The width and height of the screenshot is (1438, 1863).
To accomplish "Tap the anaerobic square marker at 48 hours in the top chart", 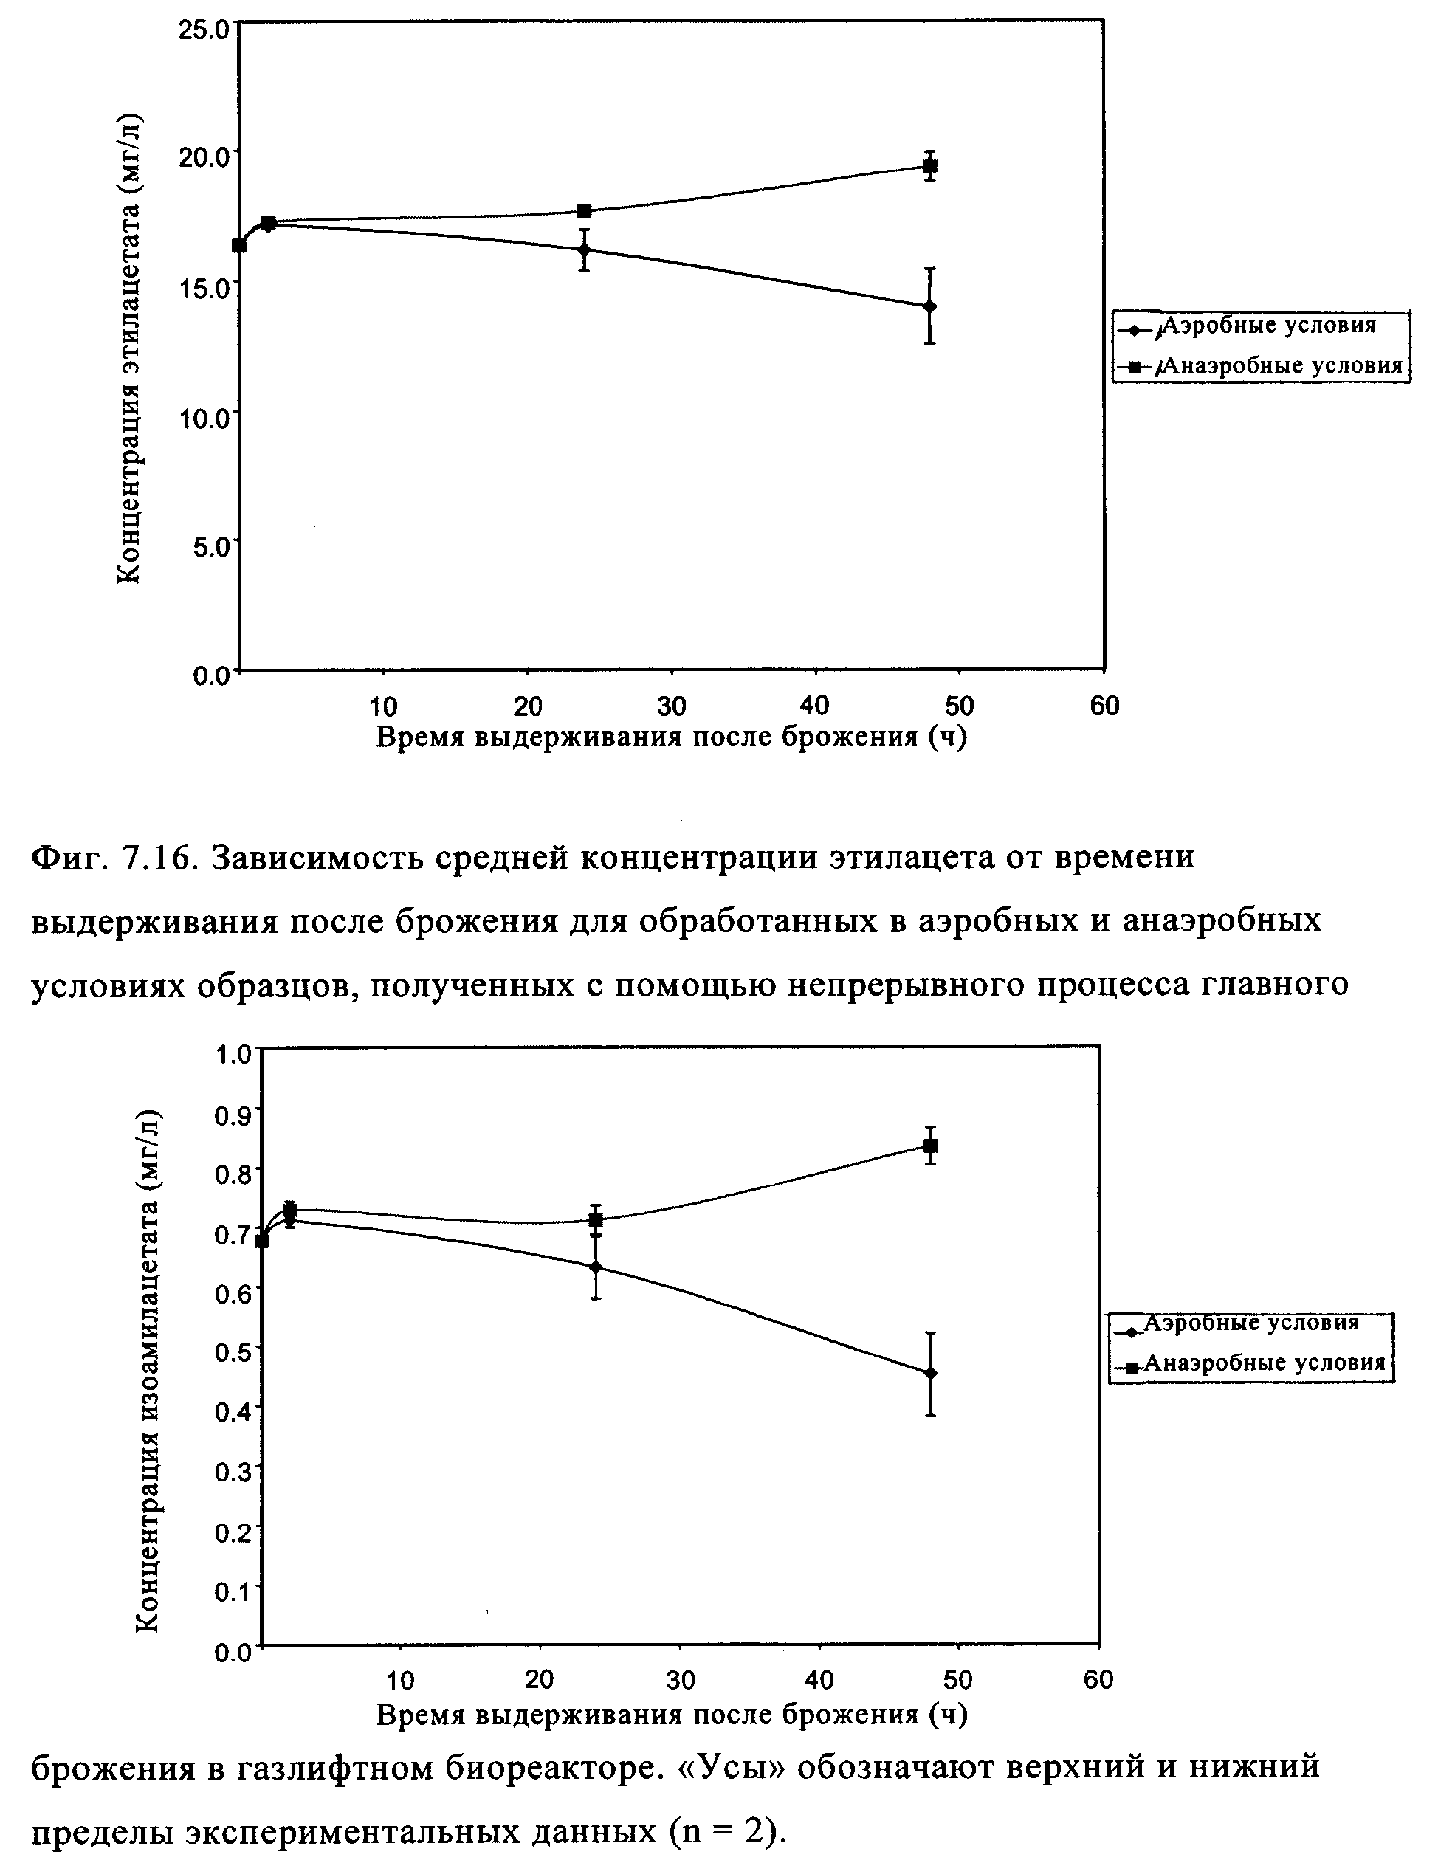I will (929, 165).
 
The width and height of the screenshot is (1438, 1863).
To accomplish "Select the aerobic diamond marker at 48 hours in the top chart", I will (929, 306).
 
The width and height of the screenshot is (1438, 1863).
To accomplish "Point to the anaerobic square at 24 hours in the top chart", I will (584, 210).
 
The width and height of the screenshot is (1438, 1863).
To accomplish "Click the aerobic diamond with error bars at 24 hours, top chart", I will (584, 250).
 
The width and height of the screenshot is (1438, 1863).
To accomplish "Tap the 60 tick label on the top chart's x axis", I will (1104, 706).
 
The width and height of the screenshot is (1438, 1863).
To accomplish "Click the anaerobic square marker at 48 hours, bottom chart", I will (931, 1146).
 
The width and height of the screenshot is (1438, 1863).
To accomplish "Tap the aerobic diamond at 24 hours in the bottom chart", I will (595, 1267).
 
